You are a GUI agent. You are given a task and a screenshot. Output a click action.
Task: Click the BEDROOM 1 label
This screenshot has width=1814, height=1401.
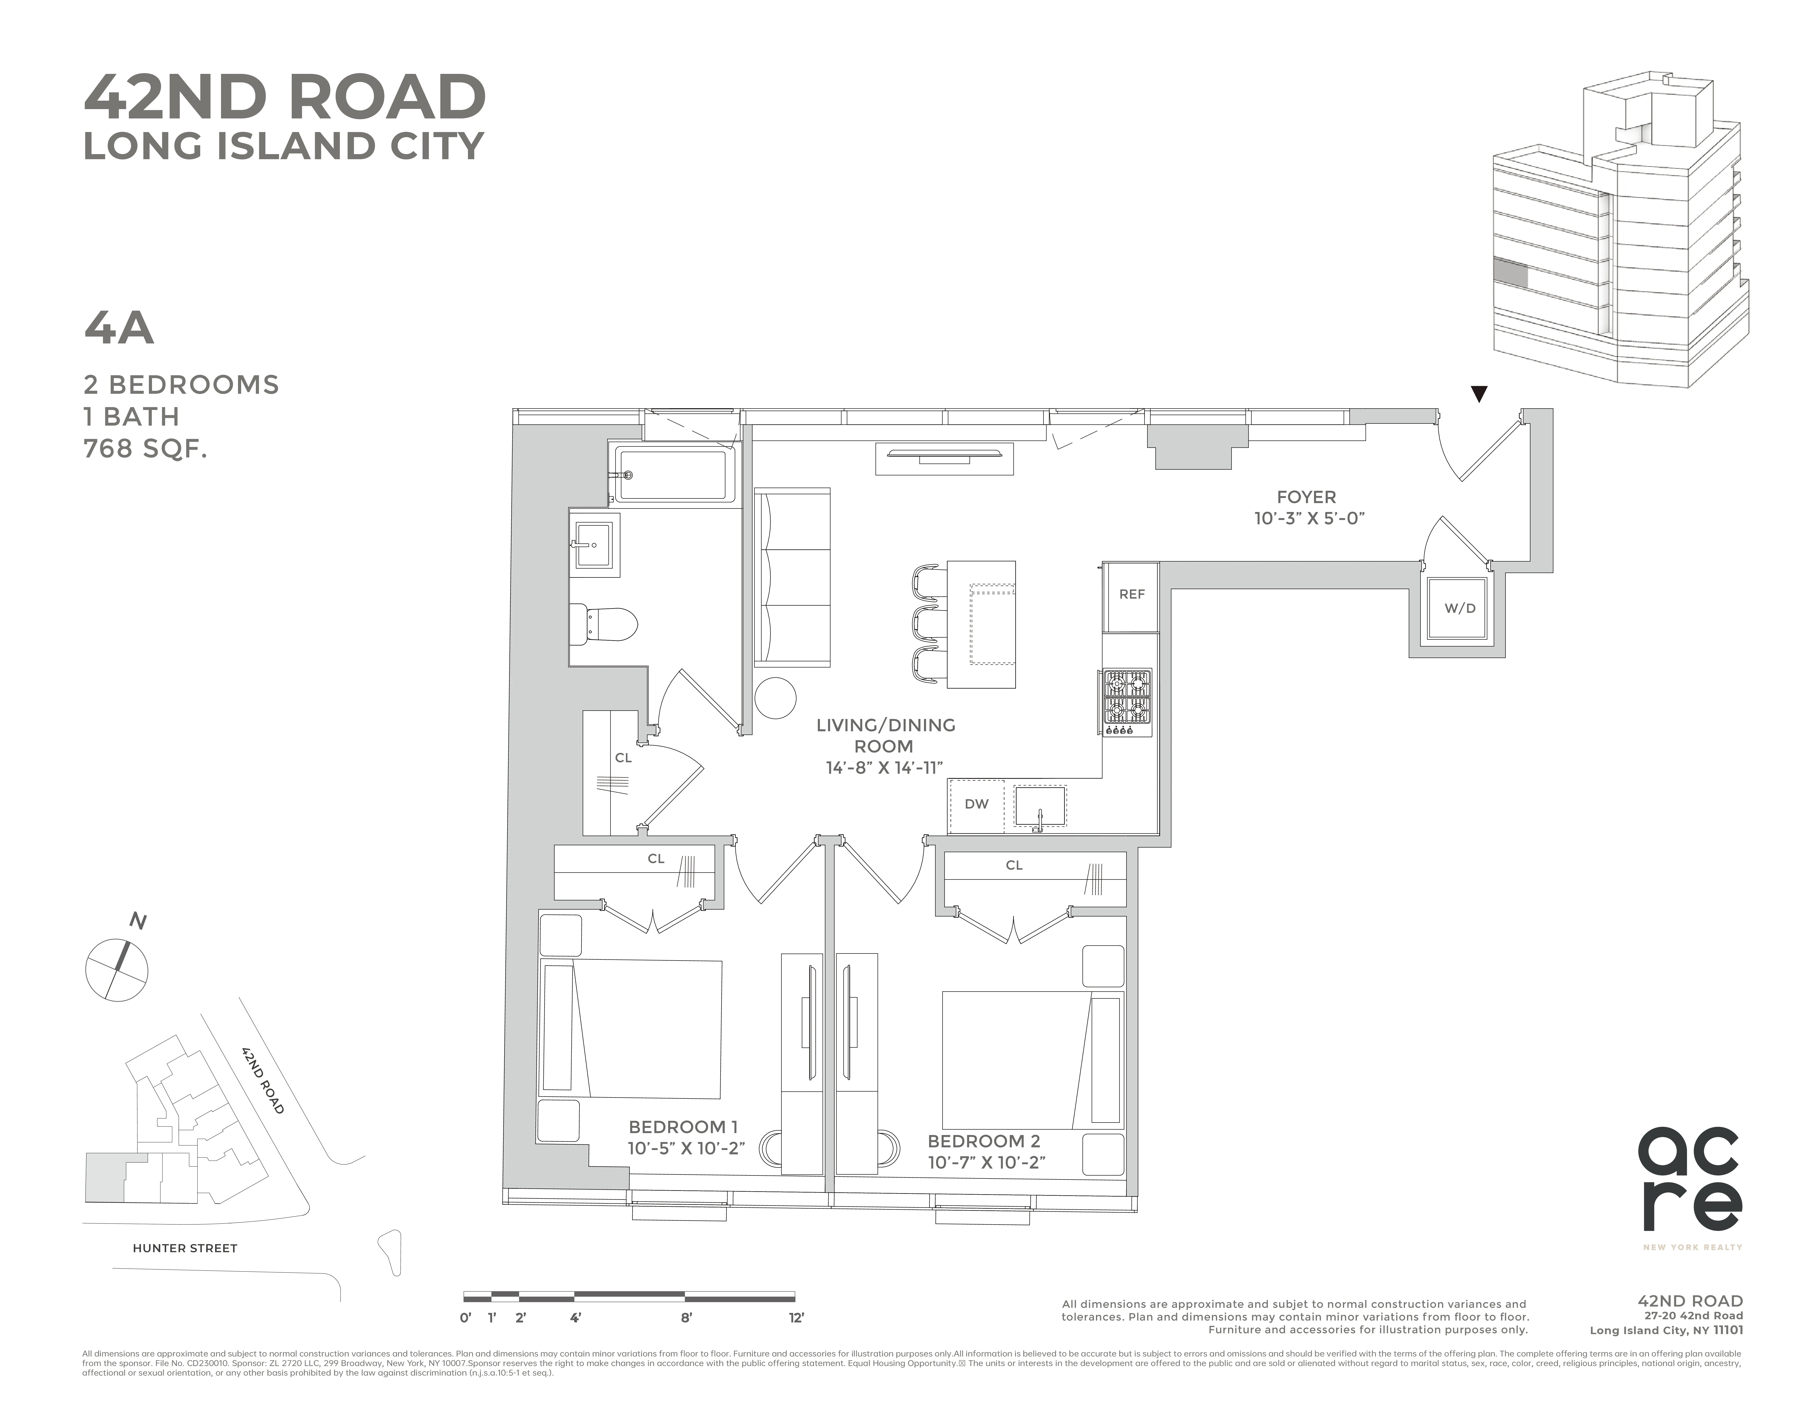pos(683,1127)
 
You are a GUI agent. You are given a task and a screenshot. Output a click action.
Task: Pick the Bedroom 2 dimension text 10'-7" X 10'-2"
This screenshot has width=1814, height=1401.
pos(986,1163)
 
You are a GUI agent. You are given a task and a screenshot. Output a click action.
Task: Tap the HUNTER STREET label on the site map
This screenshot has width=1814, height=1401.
pos(185,1248)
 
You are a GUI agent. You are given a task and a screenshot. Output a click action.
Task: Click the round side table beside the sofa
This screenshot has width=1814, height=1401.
pos(775,698)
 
